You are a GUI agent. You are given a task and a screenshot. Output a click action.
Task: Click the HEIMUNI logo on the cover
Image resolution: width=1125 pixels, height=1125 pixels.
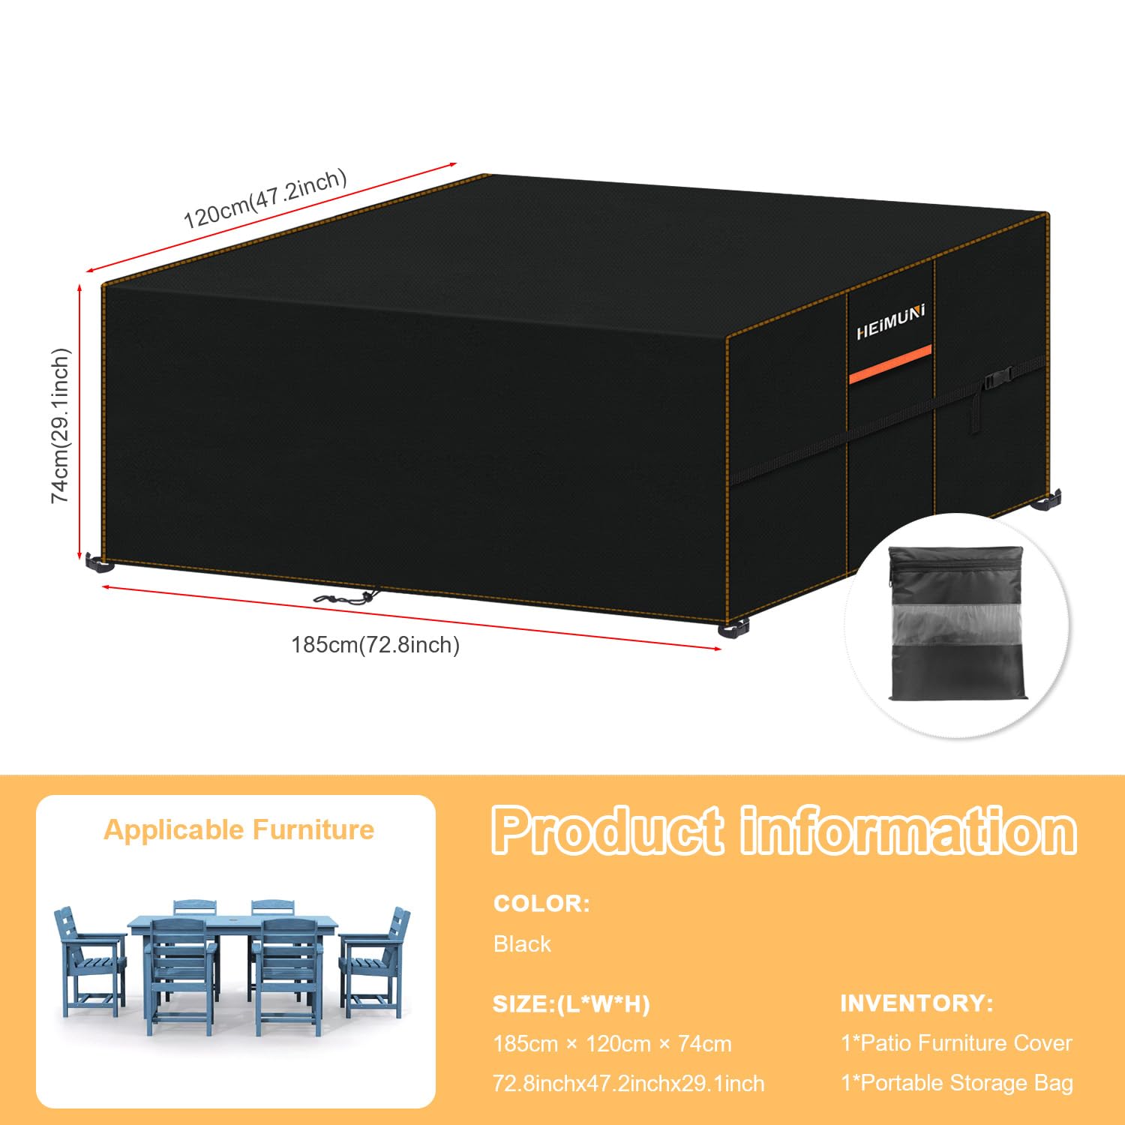891,322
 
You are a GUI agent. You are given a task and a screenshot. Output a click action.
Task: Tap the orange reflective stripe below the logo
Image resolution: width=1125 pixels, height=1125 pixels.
890,364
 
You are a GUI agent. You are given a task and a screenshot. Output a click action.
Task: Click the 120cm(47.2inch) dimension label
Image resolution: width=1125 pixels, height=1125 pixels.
265,199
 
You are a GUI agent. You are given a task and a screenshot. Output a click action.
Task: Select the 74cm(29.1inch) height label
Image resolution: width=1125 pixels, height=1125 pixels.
60,425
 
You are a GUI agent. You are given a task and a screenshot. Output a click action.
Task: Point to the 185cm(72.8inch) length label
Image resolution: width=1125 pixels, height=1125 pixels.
375,644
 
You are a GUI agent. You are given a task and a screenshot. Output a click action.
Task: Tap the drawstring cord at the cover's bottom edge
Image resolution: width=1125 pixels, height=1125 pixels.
346,598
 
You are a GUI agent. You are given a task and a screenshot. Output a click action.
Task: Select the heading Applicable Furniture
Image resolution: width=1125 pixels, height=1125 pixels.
238,829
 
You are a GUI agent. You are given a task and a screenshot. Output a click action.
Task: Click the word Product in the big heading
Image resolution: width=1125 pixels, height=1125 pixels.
608,831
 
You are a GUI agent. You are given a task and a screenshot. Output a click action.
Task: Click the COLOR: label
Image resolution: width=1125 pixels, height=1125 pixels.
541,903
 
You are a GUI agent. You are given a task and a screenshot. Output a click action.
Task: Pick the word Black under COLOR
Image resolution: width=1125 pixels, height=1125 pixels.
522,943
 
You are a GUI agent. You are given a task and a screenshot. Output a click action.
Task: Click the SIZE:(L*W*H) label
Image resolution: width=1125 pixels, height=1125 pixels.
571,1003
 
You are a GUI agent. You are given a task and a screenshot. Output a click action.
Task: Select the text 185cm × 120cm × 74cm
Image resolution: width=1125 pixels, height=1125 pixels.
612,1043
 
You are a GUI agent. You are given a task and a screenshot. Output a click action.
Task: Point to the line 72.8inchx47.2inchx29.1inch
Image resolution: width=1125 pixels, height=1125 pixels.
628,1083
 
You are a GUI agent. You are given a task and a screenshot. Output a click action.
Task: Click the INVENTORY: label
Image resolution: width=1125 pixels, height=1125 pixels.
916,1003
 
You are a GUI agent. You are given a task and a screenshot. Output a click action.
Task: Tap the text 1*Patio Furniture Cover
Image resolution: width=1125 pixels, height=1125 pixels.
956,1042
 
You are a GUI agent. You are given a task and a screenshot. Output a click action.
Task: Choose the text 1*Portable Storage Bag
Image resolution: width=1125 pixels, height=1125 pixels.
957,1082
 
